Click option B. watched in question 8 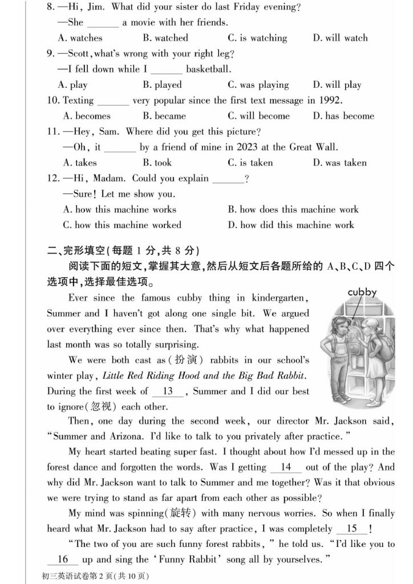click(165, 38)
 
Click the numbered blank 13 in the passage click(168, 391)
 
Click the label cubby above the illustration click(362, 293)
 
